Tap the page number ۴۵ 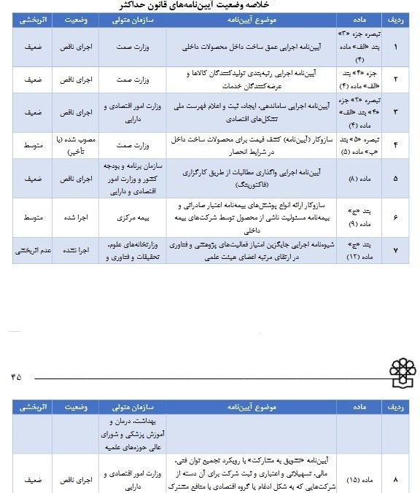point(16,376)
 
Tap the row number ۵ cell point(396,178)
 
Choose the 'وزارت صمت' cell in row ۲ point(133,79)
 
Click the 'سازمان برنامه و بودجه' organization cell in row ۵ point(133,178)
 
